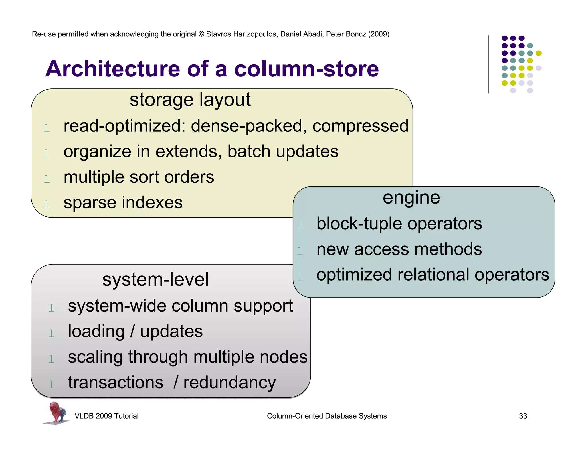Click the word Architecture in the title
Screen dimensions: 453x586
(113, 69)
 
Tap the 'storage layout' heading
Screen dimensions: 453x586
(190, 100)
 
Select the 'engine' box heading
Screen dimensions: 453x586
(411, 198)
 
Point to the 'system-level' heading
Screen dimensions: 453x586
(155, 280)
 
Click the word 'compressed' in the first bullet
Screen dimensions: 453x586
(360, 126)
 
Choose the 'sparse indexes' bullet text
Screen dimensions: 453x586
(123, 203)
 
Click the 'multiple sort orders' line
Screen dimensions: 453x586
(139, 177)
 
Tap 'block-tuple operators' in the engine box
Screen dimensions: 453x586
(399, 224)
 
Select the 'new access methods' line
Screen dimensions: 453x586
(399, 249)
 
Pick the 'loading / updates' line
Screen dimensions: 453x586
(135, 332)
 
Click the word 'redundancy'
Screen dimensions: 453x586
(229, 383)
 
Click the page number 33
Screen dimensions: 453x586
(523, 416)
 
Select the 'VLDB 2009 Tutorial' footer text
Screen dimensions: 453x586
(106, 416)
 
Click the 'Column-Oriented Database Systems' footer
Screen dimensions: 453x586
(327, 416)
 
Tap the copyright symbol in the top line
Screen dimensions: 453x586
(201, 34)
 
